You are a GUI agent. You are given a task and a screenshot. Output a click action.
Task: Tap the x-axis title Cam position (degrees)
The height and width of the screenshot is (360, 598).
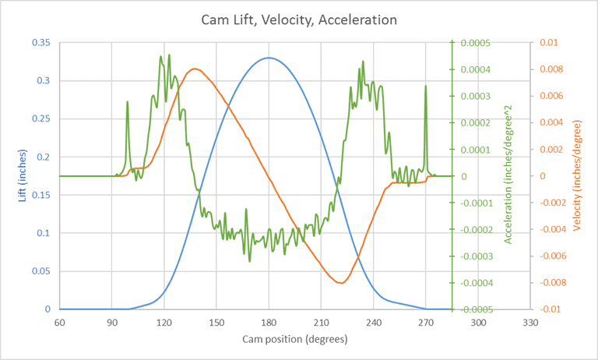295,340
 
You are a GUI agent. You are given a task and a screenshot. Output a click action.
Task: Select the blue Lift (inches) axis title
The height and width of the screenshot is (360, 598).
23,175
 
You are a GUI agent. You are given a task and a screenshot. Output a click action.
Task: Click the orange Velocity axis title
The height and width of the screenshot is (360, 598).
577,176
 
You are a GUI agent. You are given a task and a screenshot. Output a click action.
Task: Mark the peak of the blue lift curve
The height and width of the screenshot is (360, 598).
269,58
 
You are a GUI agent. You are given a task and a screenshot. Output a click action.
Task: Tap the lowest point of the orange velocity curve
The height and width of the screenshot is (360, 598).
340,283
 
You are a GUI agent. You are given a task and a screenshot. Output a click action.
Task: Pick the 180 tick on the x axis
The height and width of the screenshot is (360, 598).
269,322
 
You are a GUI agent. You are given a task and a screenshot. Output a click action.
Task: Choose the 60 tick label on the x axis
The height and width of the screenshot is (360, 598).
58,322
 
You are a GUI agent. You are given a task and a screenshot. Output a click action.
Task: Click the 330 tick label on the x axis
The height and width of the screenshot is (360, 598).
529,322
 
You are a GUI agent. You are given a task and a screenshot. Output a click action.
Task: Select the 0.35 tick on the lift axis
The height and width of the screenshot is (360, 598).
41,42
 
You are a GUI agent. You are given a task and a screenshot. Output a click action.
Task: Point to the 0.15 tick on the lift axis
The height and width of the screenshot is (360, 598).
41,195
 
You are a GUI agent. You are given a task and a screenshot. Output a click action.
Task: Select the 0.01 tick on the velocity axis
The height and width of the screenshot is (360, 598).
550,42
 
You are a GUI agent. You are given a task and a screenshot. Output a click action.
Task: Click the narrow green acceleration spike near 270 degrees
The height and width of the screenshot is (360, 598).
426,86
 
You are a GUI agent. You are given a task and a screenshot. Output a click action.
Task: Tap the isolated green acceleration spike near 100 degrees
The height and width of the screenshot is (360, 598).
128,102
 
